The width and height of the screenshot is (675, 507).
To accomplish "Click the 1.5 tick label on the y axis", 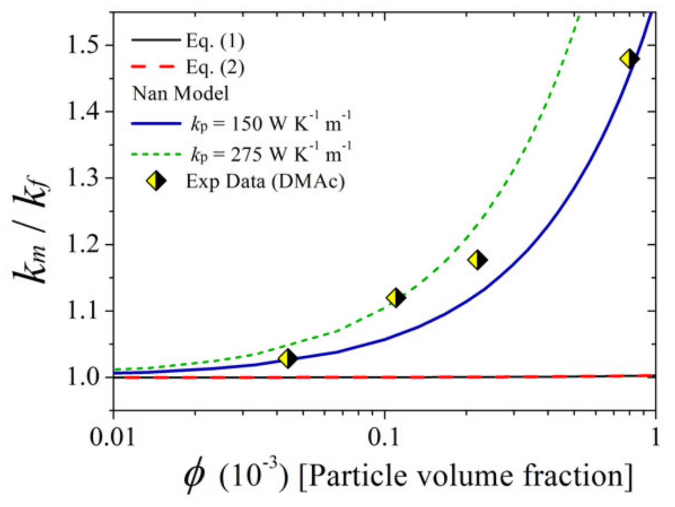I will coord(84,45).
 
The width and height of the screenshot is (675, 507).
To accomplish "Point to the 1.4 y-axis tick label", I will coord(84,112).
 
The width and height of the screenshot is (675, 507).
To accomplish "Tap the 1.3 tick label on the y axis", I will coord(84,178).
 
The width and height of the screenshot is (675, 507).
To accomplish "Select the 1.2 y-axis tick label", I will coord(84,244).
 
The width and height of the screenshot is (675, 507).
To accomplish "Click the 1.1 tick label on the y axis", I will coord(84,311).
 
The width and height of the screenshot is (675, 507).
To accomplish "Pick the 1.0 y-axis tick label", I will coord(84,377).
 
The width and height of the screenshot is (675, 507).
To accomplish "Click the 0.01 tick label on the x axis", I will coord(113,437).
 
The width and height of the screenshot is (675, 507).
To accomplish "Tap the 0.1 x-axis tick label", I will coord(384,437).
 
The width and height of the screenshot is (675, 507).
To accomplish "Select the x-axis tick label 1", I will coord(655,437).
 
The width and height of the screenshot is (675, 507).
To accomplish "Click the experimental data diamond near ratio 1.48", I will coord(630,59).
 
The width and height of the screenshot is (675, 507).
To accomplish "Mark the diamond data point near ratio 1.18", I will coord(477,260).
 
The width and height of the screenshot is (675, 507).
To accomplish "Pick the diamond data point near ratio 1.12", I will coord(396,298).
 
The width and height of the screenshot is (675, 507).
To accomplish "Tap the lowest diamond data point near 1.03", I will coord(288,359).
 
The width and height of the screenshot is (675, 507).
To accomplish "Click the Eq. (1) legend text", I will coord(215,41).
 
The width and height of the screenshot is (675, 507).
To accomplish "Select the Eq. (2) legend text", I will coord(215,67).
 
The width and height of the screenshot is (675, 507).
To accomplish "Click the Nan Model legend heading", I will coord(181,94).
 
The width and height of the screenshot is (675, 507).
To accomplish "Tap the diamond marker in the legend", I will coord(156,181).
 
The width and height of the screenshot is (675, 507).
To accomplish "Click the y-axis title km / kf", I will coord(32,232).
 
